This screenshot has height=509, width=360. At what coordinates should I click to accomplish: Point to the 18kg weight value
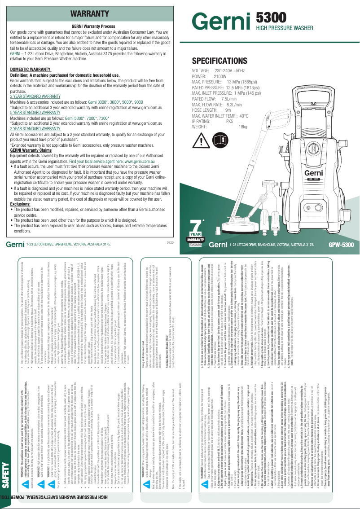pyautogui.click(x=243, y=127)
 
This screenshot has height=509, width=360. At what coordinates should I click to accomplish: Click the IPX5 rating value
pyautogui.click(x=229, y=121)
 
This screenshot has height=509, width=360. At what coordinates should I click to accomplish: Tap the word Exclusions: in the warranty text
pyautogui.click(x=20, y=203)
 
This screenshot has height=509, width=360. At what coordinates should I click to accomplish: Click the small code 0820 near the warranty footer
pyautogui.click(x=170, y=242)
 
